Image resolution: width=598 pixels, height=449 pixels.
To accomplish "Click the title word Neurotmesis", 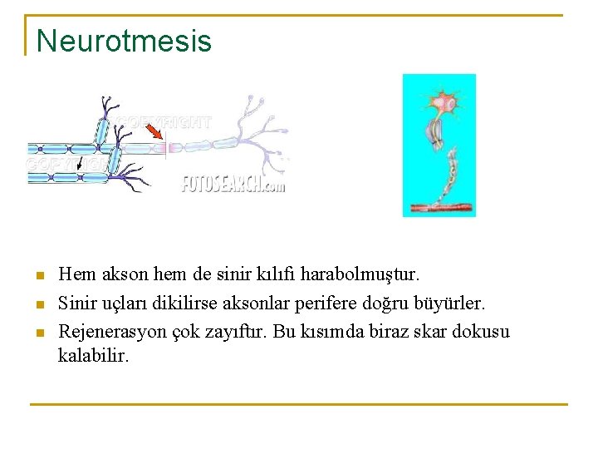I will pos(124,41).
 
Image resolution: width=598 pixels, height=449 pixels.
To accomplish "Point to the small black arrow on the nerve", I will pos(80,165).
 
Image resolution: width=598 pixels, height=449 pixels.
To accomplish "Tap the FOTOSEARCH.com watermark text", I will pos(233,184).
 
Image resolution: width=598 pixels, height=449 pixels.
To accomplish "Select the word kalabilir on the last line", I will pos(94,356).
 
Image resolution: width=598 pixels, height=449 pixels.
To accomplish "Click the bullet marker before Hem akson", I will pos(37,274).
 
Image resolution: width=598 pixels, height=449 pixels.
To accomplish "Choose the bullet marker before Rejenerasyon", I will pos(37,333).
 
